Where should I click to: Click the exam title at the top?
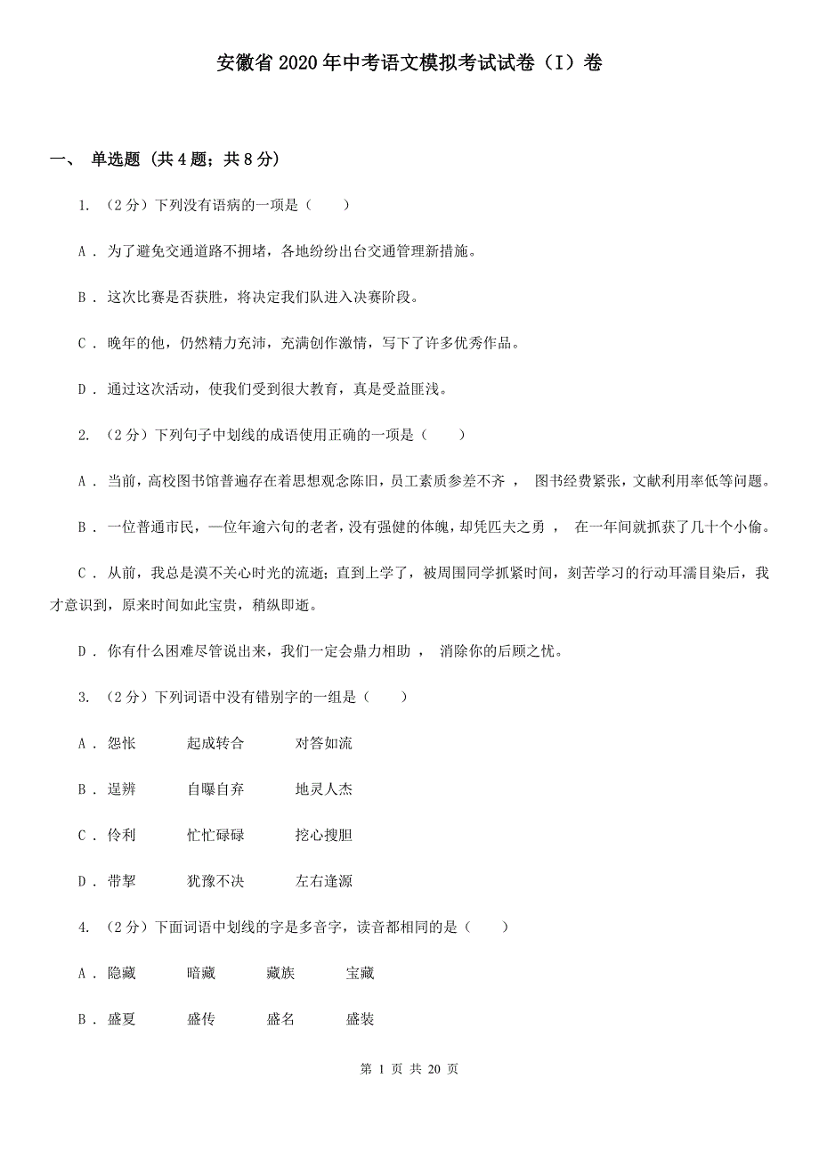pos(409,63)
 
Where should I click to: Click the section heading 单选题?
pos(116,159)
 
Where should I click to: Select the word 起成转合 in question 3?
pos(215,743)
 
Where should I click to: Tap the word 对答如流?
pos(324,743)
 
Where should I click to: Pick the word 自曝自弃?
pos(215,789)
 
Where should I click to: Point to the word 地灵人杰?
pos(324,789)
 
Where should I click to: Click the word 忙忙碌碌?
pos(215,836)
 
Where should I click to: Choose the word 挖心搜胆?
pos(324,836)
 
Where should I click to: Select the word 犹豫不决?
pos(215,882)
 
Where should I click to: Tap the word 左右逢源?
pos(324,882)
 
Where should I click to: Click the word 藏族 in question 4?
pos(280,974)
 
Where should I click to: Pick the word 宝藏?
pos(361,974)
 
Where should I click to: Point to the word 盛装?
pos(361,1020)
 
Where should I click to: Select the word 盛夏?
pos(122,1020)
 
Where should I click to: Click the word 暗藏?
pos(201,974)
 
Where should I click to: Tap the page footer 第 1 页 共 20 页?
pos(409,1069)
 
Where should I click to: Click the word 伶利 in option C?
pos(122,836)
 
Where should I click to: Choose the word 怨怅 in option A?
pos(122,743)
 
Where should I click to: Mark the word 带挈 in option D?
pos(122,882)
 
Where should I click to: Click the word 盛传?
pos(201,1020)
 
